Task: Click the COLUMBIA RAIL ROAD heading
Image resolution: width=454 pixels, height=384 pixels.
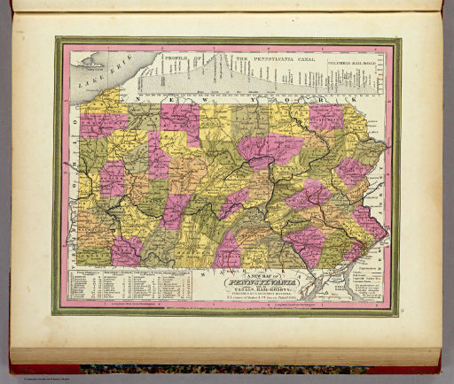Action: point(354,63)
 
